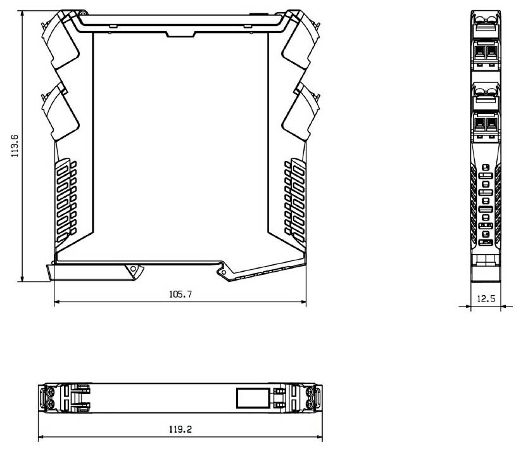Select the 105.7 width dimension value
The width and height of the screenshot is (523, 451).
pos(180,295)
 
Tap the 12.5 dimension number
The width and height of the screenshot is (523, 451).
pos(486,299)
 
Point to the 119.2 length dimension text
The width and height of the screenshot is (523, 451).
pos(180,429)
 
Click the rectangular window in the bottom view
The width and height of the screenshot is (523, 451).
pos(251,398)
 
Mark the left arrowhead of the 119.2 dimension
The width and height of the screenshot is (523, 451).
pos(41,437)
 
